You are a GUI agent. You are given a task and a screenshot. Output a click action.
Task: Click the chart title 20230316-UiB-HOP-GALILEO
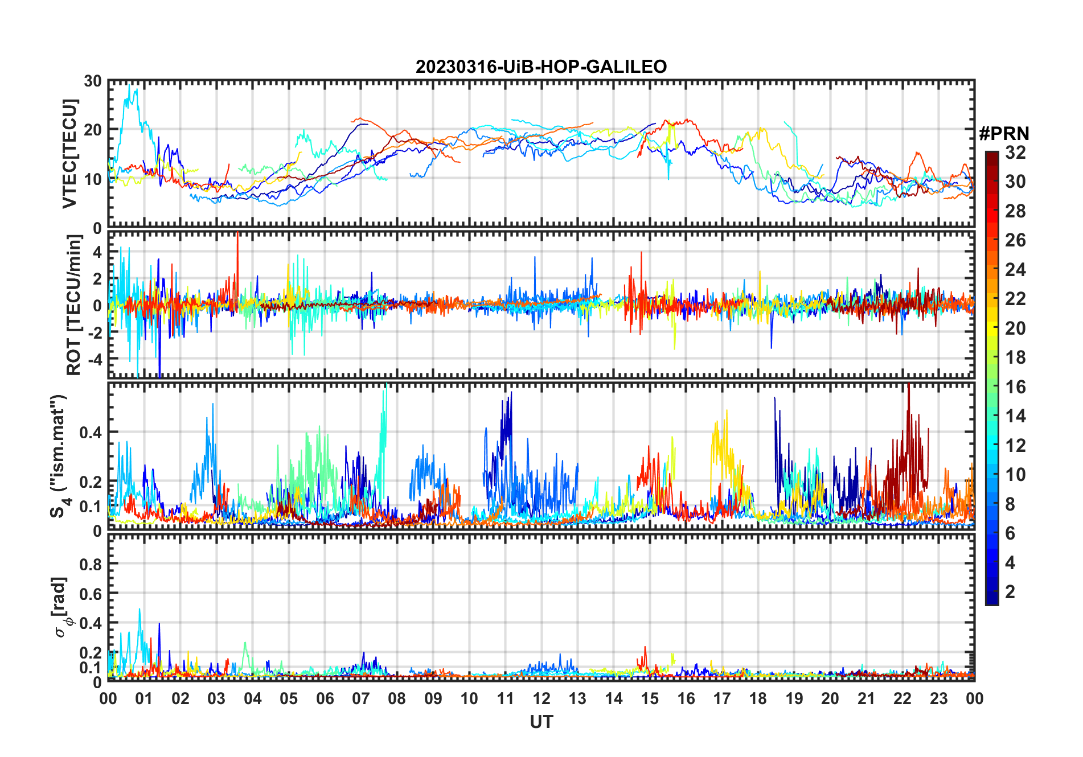tap(541, 67)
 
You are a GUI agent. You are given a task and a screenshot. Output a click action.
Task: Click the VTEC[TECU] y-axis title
tap(69, 154)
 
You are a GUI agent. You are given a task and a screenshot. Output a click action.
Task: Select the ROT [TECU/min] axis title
tap(74, 305)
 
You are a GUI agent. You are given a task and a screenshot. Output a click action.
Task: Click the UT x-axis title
tap(541, 722)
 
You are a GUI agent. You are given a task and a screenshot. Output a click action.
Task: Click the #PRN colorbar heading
tap(1004, 134)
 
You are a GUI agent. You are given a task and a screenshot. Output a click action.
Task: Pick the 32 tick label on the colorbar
tap(1015, 153)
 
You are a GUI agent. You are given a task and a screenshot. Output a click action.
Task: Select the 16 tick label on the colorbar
tap(1015, 387)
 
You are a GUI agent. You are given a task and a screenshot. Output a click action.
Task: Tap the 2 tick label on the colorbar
tap(1010, 592)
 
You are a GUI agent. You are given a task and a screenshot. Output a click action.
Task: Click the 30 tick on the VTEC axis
tap(93, 81)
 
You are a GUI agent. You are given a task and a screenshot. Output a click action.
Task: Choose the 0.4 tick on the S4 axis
tap(91, 433)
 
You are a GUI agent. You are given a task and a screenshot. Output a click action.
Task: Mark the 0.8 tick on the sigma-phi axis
tap(91, 565)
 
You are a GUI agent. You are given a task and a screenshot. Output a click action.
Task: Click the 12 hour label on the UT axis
tap(541, 699)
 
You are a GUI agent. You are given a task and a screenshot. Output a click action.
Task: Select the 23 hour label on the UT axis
tap(938, 699)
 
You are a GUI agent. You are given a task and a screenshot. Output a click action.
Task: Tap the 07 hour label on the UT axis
tap(360, 699)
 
